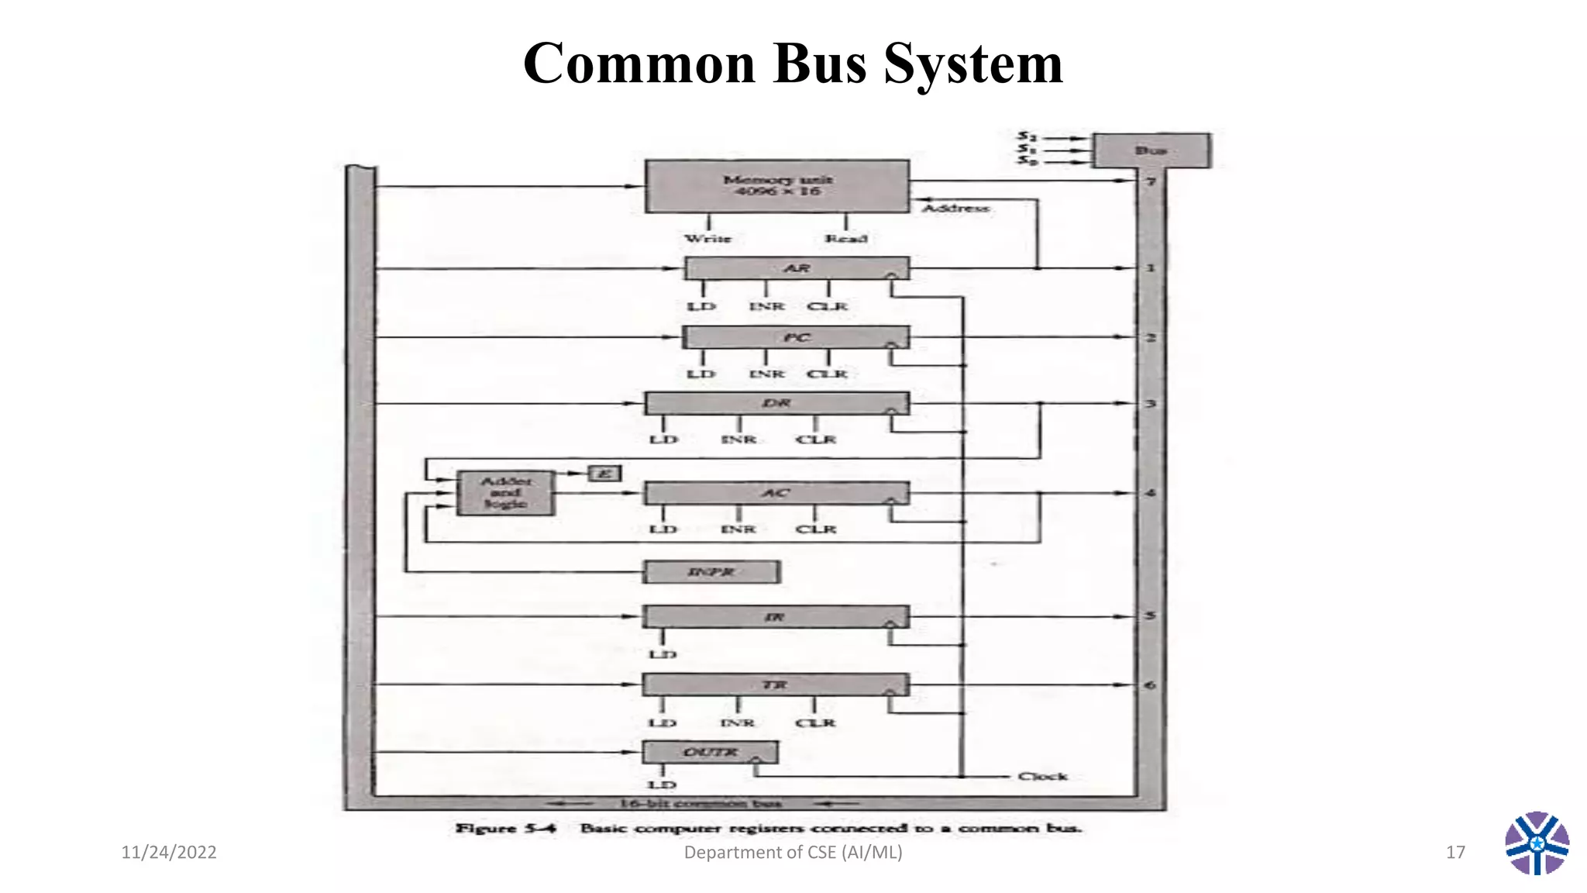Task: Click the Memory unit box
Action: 776,186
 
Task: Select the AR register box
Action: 797,268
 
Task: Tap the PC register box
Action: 796,337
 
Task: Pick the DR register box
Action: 776,403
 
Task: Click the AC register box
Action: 776,493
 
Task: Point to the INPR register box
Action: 711,572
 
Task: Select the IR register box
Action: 775,617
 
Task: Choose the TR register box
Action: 775,684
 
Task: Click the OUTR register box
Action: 710,752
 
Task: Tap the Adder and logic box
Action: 505,493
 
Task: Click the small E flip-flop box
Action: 605,473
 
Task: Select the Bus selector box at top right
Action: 1151,150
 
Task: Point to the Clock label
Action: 1042,776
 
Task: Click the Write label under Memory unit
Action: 707,239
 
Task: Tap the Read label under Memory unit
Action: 845,239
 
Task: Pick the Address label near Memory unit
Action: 955,208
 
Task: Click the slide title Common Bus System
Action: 793,64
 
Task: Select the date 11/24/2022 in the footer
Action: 169,853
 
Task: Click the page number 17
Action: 1455,853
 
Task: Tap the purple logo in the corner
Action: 1537,843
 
